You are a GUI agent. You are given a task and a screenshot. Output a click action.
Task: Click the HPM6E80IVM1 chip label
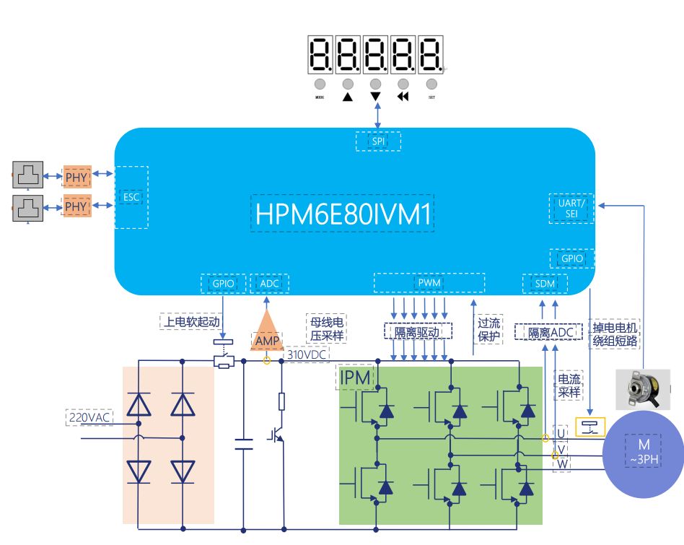tap(343, 214)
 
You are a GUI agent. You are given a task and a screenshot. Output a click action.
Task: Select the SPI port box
tap(378, 141)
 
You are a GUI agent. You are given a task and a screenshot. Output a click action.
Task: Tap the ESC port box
tap(131, 197)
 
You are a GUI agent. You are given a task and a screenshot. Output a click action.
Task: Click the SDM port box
tap(545, 284)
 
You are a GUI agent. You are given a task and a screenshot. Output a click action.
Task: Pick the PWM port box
tap(429, 283)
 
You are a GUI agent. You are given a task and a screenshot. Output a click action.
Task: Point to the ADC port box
tap(270, 284)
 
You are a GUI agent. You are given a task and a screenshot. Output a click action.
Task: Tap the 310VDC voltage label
tap(307, 355)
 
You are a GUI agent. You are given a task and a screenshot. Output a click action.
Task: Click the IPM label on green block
tap(354, 377)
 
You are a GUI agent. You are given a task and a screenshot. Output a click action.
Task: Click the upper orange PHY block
tap(76, 177)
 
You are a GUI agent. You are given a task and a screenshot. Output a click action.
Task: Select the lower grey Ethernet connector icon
tap(28, 207)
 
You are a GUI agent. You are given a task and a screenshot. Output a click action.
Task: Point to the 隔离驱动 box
tap(418, 331)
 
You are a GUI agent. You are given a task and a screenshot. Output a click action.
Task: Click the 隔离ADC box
tap(547, 333)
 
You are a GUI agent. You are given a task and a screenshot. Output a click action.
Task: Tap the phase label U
tap(561, 433)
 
